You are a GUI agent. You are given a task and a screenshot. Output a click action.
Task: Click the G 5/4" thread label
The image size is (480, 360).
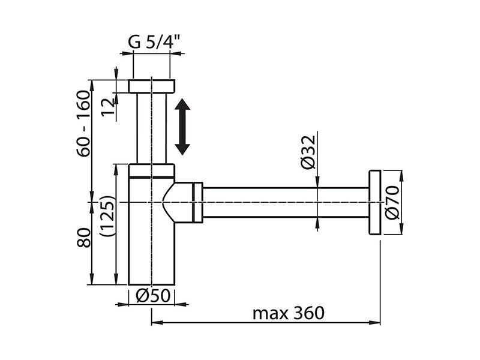tap(154, 43)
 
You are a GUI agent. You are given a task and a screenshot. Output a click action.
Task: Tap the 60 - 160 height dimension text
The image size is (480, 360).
tap(83, 124)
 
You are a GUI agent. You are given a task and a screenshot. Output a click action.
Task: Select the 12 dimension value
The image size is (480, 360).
tap(108, 107)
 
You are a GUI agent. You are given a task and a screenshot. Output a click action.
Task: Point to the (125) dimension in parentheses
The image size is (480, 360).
tap(107, 215)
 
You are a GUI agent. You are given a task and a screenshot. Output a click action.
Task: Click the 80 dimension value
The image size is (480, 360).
tap(84, 238)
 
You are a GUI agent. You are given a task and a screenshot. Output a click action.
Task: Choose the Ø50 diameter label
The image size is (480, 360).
tap(153, 296)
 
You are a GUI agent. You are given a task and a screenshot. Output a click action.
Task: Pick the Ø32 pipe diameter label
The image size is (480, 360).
tap(308, 152)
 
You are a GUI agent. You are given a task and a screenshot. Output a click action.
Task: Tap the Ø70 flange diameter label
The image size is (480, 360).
tap(392, 203)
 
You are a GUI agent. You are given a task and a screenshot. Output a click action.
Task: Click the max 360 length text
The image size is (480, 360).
tap(288, 313)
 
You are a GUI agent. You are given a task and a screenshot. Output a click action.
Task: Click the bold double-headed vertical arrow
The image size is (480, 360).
tap(182, 127)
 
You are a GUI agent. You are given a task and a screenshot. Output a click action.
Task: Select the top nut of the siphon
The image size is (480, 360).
tap(152, 86)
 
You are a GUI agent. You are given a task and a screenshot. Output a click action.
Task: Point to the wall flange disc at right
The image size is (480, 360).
tap(374, 202)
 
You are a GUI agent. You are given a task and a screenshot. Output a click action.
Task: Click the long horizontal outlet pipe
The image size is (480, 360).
tap(286, 202)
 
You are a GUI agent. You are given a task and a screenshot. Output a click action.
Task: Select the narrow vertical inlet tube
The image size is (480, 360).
tap(152, 128)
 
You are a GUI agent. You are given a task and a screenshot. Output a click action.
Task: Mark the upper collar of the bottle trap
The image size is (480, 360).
tap(152, 171)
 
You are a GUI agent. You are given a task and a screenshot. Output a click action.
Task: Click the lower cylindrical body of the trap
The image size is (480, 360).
tap(152, 231)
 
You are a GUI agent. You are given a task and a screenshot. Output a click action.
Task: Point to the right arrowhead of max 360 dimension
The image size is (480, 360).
tap(374, 322)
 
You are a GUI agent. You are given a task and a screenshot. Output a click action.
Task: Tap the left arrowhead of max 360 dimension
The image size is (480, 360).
tap(157, 322)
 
